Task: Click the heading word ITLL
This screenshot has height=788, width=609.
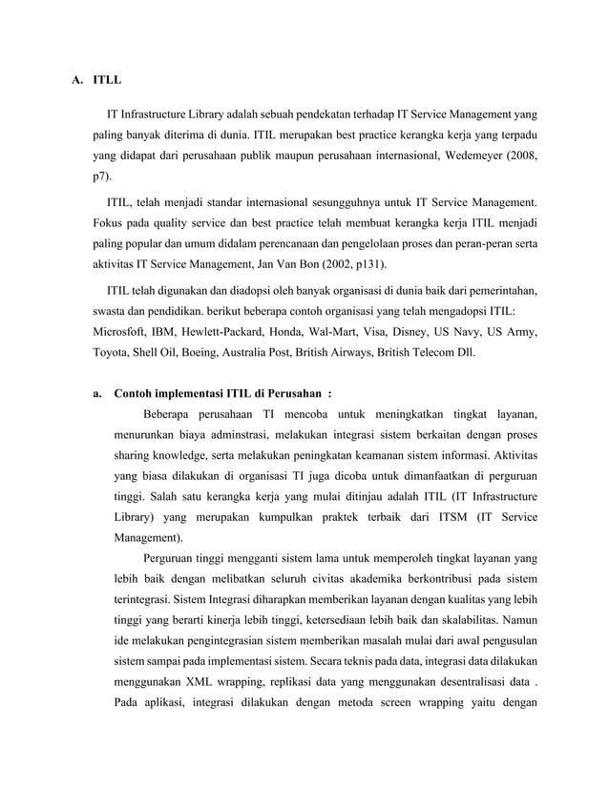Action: pos(108,79)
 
